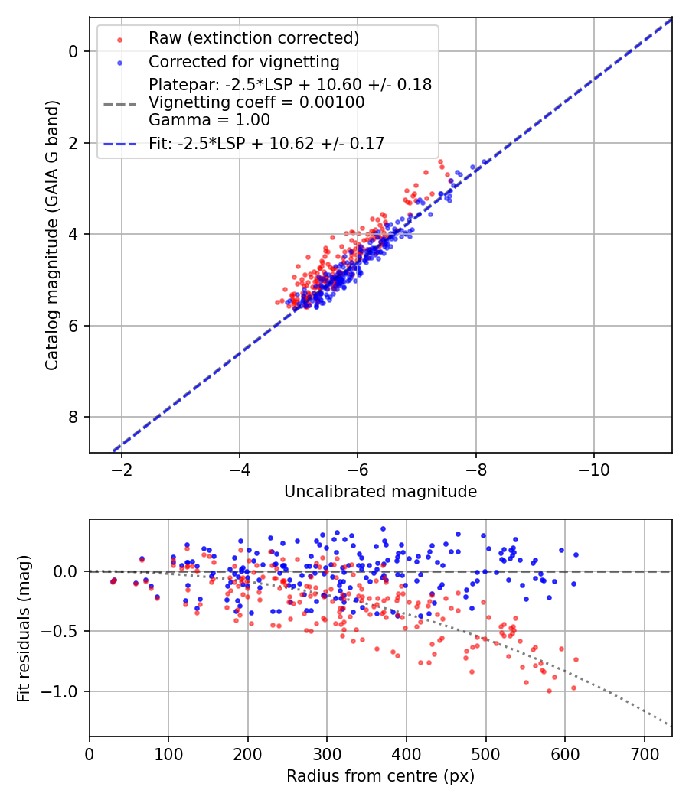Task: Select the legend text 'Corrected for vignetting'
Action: click(x=243, y=61)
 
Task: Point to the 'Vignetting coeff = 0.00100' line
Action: click(x=256, y=102)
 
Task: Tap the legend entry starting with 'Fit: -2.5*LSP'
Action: click(x=266, y=142)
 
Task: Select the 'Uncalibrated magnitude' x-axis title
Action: click(x=380, y=492)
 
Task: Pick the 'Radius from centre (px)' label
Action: click(x=380, y=776)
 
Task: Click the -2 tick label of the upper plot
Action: click(x=121, y=469)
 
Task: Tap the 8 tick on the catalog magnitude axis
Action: click(x=73, y=417)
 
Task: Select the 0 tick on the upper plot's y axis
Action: click(x=73, y=51)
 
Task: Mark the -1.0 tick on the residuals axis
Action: click(x=64, y=691)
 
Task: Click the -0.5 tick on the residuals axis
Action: click(x=64, y=631)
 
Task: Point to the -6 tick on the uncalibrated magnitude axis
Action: click(x=358, y=469)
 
